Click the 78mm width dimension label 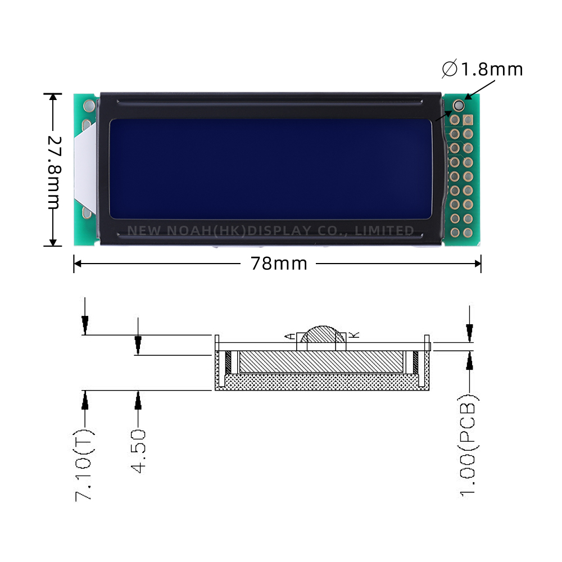(x=279, y=264)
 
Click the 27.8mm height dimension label (x=53, y=171)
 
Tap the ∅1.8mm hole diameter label (x=482, y=69)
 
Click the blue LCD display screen (x=270, y=169)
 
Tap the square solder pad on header (x=468, y=120)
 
